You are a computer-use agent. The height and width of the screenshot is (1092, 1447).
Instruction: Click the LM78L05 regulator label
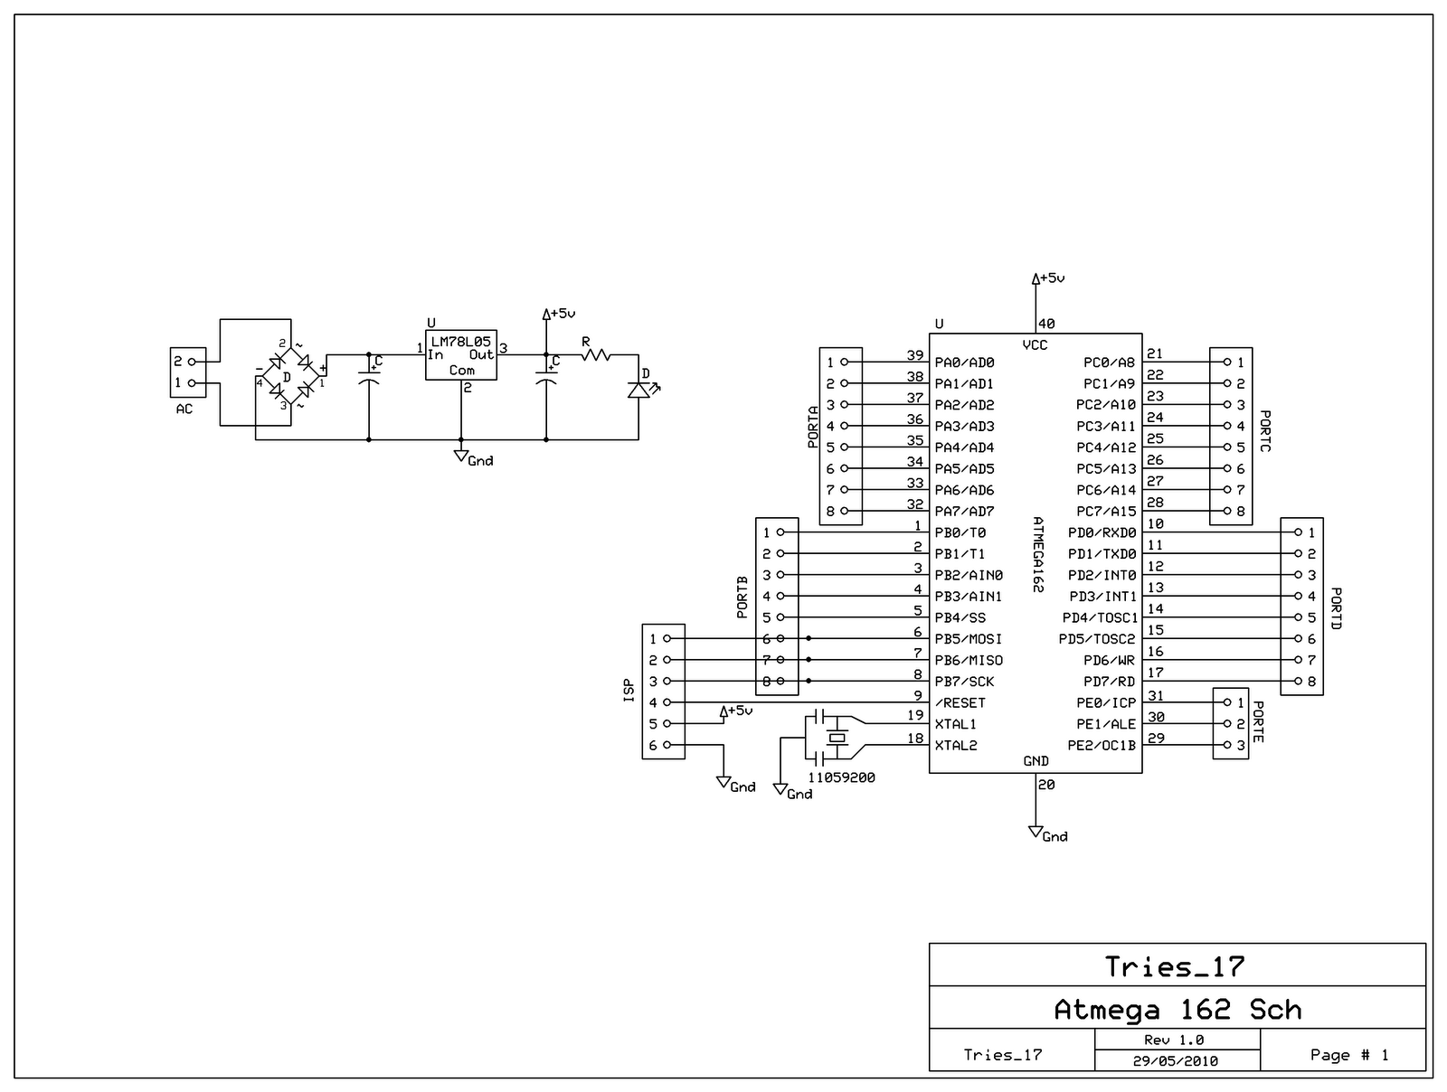point(461,341)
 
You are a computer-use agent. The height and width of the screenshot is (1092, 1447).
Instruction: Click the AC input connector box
point(188,372)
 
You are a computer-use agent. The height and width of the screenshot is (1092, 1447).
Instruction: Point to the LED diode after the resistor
point(638,390)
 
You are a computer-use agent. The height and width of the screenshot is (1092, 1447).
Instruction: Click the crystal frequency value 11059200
point(841,777)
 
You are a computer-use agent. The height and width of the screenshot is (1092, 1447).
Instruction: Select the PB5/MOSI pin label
point(968,639)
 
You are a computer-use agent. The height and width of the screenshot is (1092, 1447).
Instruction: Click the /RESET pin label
point(960,702)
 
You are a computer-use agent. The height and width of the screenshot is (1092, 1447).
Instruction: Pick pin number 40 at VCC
point(1046,324)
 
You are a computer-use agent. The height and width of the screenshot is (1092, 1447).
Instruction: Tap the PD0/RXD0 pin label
point(1102,532)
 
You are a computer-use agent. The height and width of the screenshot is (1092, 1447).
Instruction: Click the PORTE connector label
point(1258,720)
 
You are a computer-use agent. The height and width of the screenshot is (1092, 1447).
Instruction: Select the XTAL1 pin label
point(955,724)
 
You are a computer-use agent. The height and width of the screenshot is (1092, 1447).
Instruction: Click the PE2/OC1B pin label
point(1102,746)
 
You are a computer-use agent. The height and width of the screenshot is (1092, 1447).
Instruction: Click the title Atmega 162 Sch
point(1177,1009)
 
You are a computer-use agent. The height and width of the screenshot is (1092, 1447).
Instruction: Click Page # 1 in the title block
point(1349,1055)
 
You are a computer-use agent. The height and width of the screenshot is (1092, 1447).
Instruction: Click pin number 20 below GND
point(1046,785)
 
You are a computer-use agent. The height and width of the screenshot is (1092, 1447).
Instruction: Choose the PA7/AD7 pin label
point(964,512)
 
